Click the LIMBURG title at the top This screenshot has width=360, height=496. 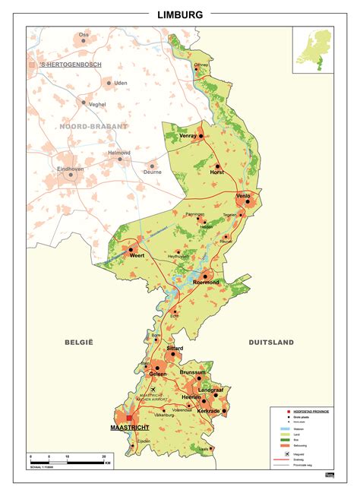click(x=180, y=14)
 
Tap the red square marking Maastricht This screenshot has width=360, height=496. click(x=130, y=418)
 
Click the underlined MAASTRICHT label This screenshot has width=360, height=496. click(x=129, y=428)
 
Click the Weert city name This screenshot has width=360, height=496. click(x=137, y=256)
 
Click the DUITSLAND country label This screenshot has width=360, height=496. click(x=270, y=343)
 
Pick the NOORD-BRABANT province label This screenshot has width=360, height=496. click(x=93, y=126)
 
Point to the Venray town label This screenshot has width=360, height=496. click(x=188, y=135)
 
